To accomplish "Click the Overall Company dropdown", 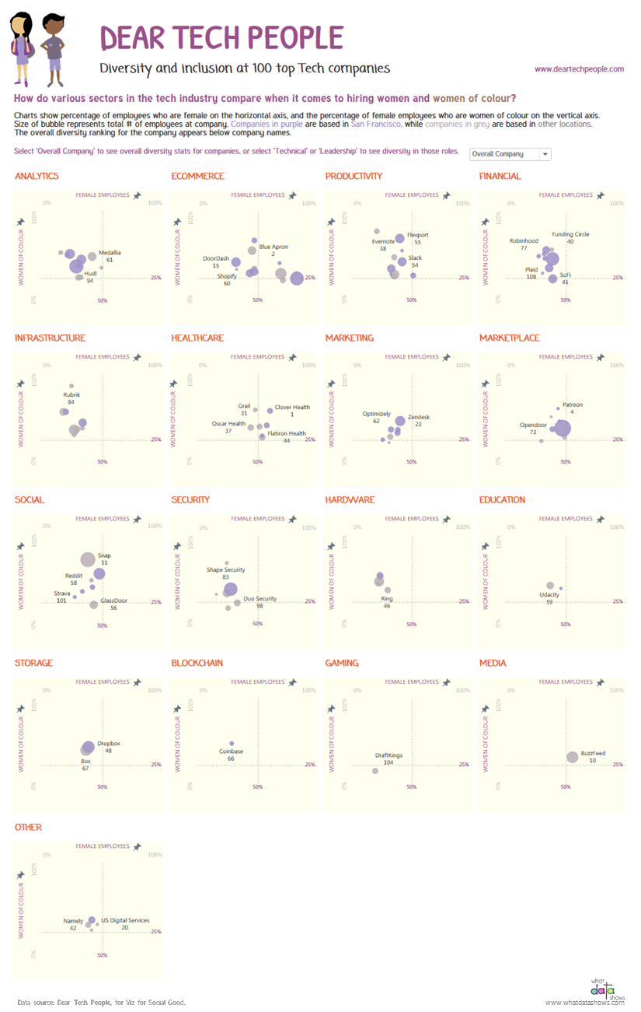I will (510, 154).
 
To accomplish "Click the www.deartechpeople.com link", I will (579, 69).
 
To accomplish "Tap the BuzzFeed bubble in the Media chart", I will (573, 757).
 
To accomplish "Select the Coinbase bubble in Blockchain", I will (232, 744).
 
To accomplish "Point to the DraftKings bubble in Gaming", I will (375, 771).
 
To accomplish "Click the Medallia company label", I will (110, 253).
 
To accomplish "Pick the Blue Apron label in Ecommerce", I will (273, 247).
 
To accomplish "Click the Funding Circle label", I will (570, 234).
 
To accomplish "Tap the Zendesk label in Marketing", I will (419, 417).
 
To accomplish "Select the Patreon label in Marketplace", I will (573, 404).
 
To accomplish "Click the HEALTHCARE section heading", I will (197, 338).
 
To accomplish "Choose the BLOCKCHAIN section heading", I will (197, 664).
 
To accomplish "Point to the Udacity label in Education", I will (549, 595).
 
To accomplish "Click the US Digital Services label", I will (125, 920).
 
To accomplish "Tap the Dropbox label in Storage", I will (109, 744).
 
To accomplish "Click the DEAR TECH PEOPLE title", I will (222, 37).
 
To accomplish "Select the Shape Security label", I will (225, 570).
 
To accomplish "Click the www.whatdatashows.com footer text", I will (584, 1003).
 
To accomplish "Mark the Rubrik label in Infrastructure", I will (71, 395).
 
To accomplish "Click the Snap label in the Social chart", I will (104, 555).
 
